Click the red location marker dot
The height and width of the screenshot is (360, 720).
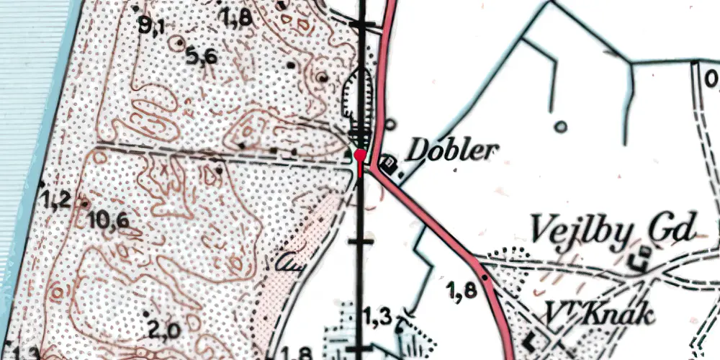click(x=359, y=153)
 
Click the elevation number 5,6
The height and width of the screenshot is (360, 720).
click(x=201, y=56)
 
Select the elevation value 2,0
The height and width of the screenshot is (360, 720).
click(x=165, y=330)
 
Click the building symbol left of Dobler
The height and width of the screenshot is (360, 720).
click(x=389, y=163)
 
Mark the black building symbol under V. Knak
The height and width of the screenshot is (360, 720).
click(x=534, y=337)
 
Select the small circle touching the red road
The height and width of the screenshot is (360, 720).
click(x=390, y=123)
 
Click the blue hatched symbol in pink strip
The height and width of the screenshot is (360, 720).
click(x=289, y=263)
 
